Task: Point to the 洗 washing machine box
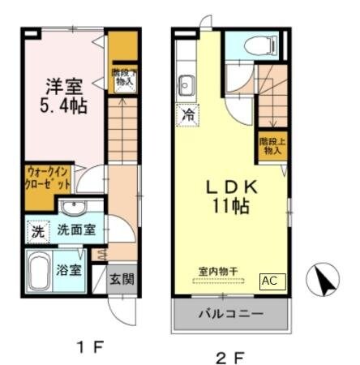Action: (36, 230)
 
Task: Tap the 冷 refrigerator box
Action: (187, 114)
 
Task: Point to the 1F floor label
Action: (92, 348)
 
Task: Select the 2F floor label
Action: (229, 354)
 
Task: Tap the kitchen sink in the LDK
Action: (186, 84)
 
